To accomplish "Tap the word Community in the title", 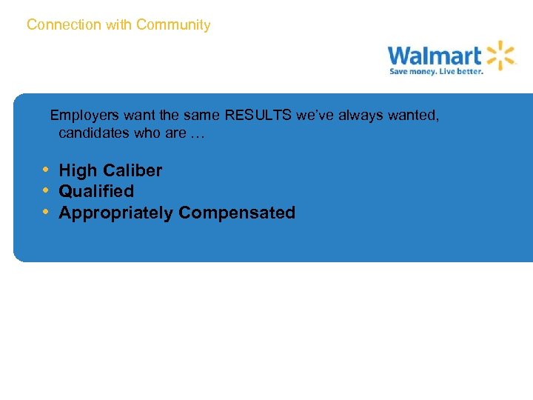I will pyautogui.click(x=173, y=25).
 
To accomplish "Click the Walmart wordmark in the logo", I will pyautogui.click(x=435, y=56).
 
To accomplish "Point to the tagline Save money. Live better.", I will pyautogui.click(x=437, y=72).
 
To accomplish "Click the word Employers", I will pyautogui.click(x=83, y=116).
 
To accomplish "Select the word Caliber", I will pyautogui.click(x=133, y=170).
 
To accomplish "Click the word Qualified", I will pyautogui.click(x=96, y=191).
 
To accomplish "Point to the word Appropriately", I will pyautogui.click(x=116, y=213).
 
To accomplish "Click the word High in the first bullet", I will pyautogui.click(x=78, y=170).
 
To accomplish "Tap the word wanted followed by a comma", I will pyautogui.click(x=414, y=116).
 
